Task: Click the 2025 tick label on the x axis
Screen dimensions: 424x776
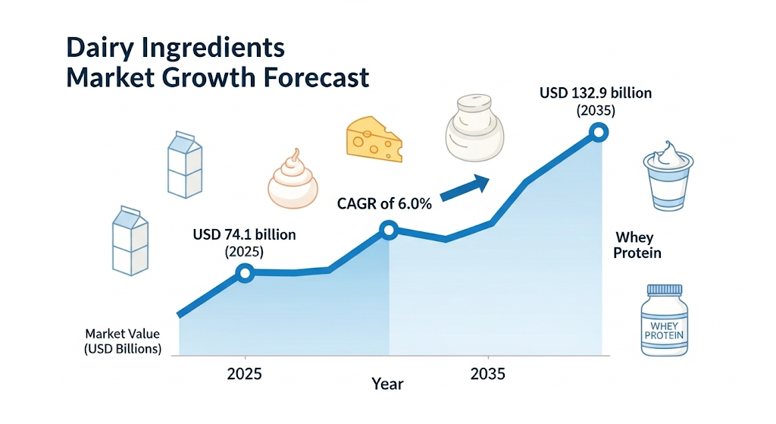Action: click(246, 374)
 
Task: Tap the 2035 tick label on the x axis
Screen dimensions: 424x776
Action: click(489, 374)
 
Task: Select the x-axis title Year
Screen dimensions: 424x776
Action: click(387, 384)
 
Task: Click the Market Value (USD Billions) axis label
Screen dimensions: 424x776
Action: click(123, 341)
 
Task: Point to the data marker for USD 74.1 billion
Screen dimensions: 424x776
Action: click(245, 273)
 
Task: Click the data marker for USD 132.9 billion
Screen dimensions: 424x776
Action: click(599, 133)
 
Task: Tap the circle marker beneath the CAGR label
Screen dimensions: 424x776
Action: click(389, 230)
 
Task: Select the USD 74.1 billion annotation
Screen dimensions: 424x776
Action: click(244, 243)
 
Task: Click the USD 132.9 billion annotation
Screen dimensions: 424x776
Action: click(596, 101)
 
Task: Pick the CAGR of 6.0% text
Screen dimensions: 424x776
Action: click(384, 203)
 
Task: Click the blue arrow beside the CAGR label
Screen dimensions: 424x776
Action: click(464, 187)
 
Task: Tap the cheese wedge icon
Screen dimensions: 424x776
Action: click(373, 139)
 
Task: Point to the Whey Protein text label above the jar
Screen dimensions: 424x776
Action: click(637, 245)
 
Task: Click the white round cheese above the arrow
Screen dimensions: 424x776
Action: click(474, 129)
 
